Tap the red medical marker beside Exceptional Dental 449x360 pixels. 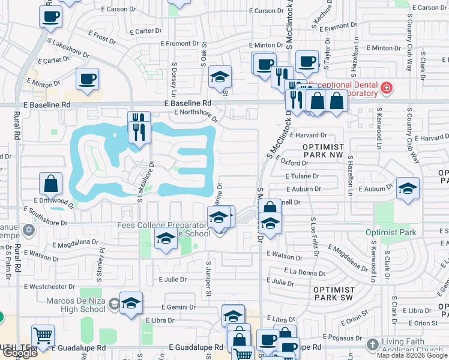(387, 89)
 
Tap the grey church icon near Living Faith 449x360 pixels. (373, 344)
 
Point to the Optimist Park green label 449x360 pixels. (391, 232)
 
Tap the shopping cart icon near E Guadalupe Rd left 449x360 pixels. (43, 336)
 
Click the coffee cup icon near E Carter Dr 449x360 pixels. (87, 79)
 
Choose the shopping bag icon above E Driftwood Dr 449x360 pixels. (51, 183)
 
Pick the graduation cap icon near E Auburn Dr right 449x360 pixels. (407, 188)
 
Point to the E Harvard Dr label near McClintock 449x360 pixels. (309, 135)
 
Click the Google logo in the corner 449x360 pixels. (20, 353)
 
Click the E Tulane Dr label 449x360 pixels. (303, 176)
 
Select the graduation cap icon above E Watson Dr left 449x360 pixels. (166, 238)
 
